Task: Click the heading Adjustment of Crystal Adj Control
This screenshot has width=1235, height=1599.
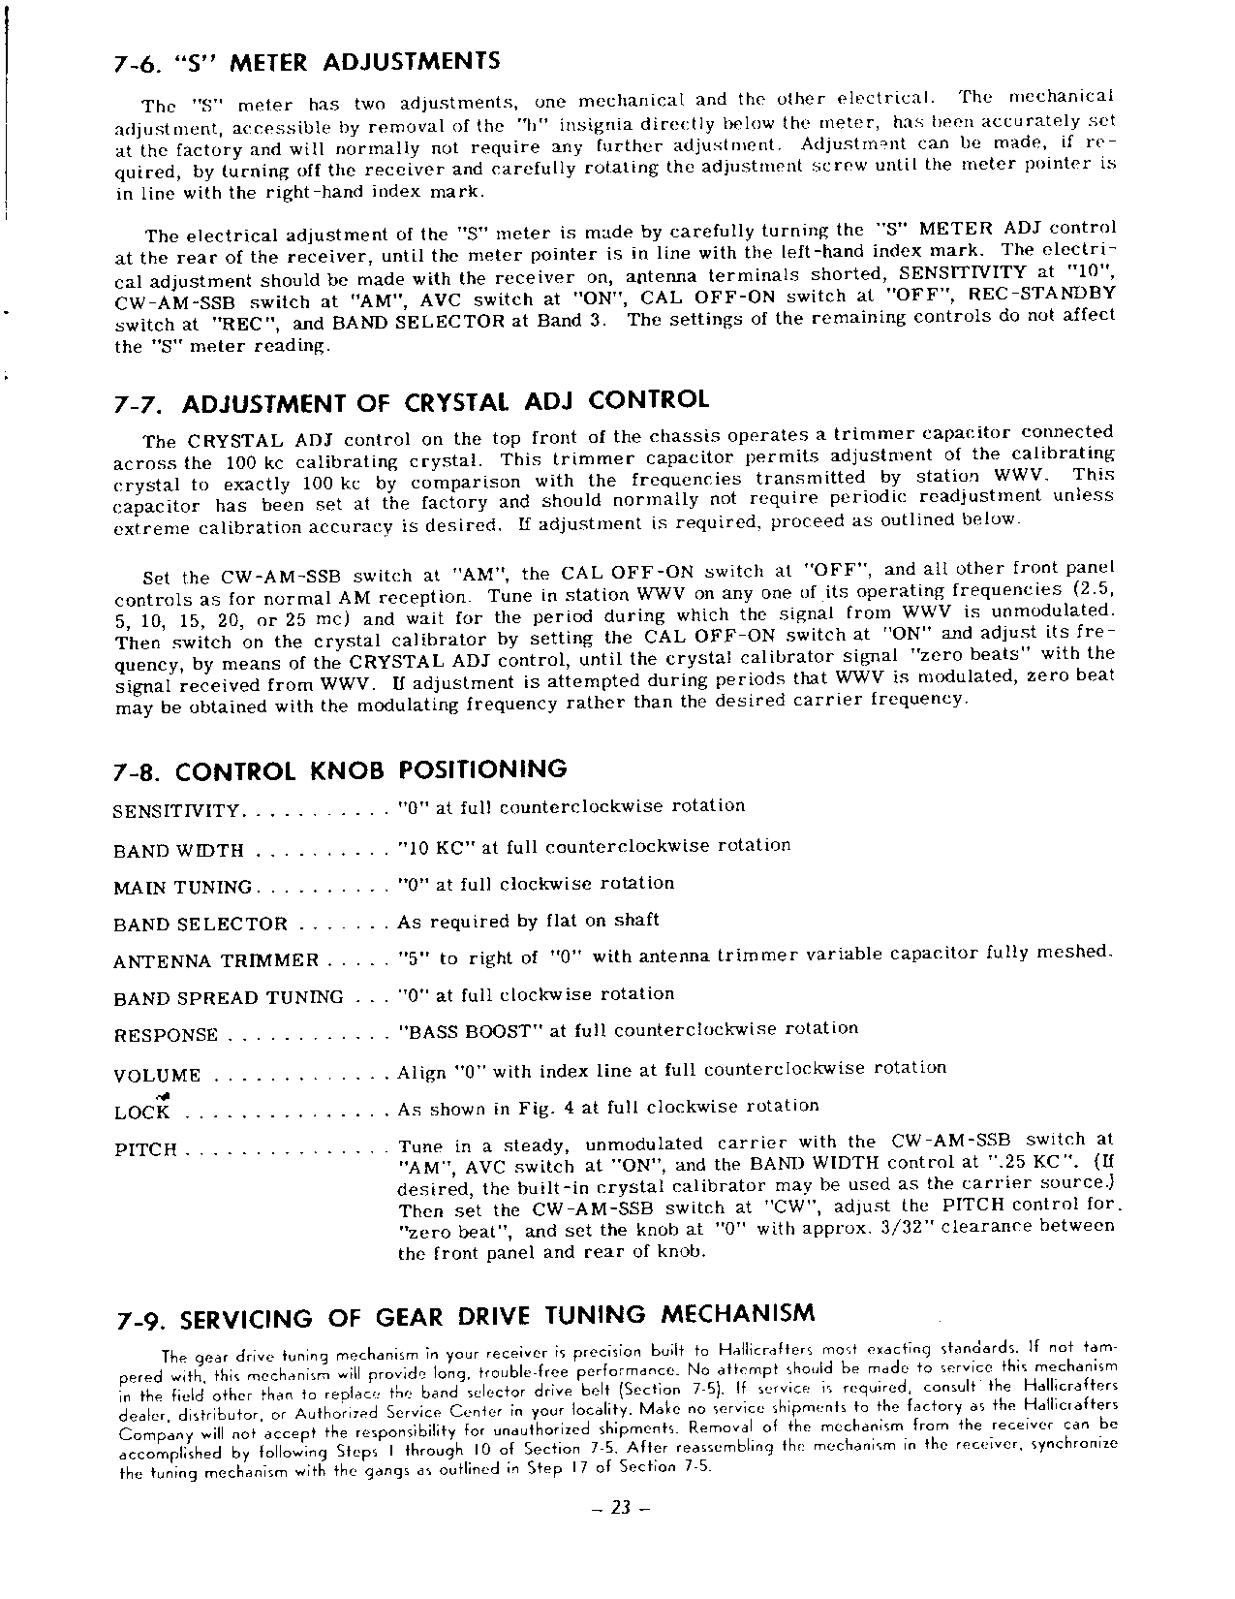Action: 446,401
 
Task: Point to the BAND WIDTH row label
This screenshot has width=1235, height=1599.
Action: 178,851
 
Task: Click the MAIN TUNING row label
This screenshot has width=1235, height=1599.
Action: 182,887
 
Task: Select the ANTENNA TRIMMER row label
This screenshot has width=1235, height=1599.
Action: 215,961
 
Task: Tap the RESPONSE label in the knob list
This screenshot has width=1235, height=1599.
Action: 166,1035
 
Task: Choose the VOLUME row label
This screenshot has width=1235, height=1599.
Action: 157,1076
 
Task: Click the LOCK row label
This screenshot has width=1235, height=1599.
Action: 141,1113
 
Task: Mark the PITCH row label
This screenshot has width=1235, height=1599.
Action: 145,1150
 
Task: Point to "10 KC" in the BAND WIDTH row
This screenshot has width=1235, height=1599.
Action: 435,847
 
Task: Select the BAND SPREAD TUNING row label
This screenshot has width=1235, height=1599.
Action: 228,998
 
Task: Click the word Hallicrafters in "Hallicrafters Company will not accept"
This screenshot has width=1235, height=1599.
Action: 1073,1405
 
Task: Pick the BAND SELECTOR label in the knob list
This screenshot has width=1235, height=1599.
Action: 201,925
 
